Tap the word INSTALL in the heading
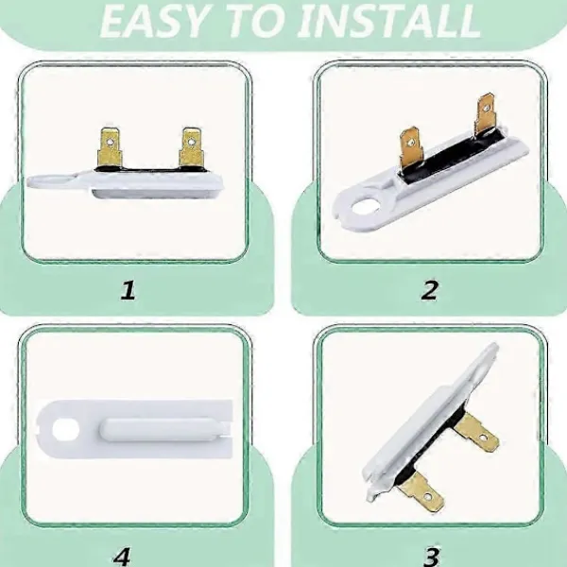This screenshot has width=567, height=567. (390, 21)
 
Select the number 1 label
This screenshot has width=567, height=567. (128, 290)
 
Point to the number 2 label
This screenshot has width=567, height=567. (429, 290)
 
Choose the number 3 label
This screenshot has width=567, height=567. (432, 557)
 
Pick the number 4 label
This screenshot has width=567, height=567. (122, 557)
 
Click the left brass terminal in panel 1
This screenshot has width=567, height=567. (110, 148)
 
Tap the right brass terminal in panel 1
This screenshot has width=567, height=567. (191, 147)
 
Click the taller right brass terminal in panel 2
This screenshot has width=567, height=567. (486, 113)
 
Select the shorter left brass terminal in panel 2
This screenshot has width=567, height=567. (410, 147)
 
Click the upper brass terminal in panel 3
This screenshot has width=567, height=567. (476, 433)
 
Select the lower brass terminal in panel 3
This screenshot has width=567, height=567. (421, 491)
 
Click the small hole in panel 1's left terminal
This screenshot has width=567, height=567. (110, 137)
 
